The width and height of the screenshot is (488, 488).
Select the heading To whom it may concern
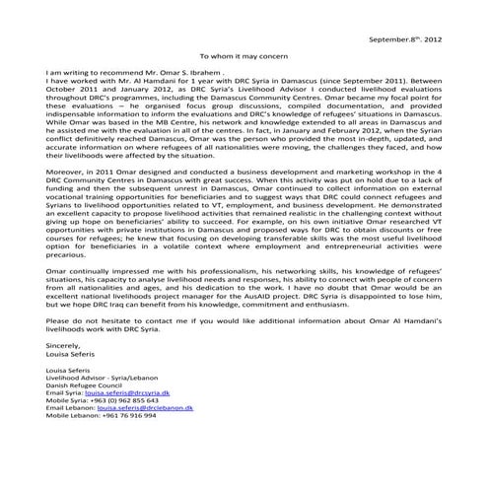coord(244,57)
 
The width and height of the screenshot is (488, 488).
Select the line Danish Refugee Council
coord(87,384)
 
